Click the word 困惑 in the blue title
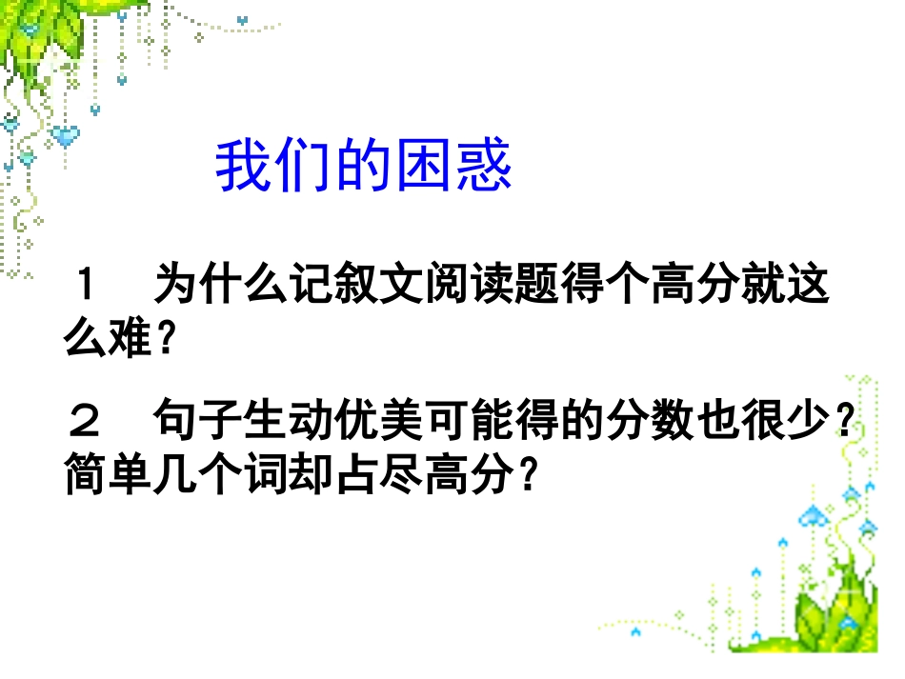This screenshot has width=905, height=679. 463,169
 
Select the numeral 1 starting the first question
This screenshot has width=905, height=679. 87,285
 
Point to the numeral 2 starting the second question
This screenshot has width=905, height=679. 87,419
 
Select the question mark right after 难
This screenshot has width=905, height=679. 169,338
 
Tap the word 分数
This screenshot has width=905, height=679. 655,419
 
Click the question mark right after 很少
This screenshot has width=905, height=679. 838,420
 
